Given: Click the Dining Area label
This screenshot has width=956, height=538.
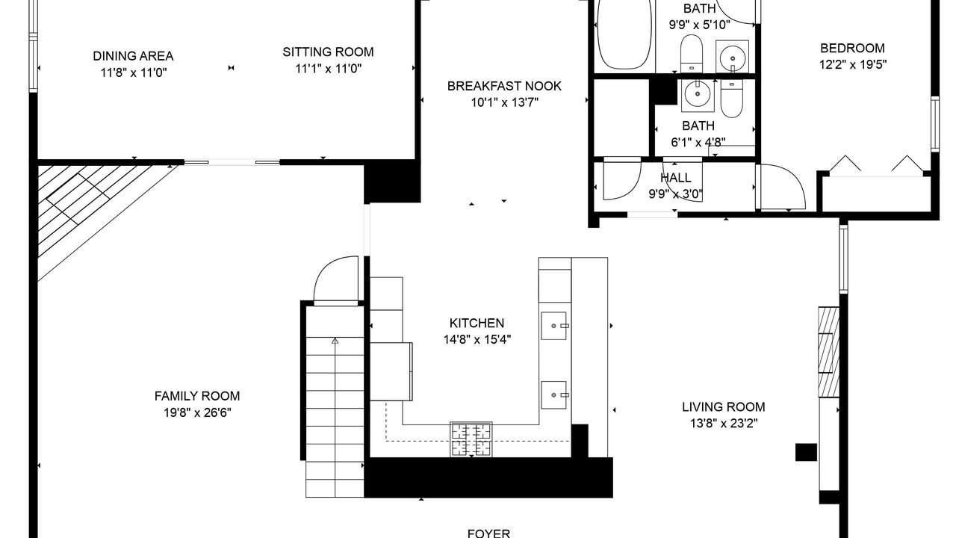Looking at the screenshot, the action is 133,56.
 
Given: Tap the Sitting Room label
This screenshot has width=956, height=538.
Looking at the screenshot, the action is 328,52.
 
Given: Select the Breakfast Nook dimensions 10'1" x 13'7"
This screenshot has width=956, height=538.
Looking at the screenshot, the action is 504,103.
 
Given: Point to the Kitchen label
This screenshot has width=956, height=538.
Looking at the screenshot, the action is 477,323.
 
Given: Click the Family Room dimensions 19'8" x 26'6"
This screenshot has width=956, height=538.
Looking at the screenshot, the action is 197,413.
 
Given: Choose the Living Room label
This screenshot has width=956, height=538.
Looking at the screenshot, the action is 724,407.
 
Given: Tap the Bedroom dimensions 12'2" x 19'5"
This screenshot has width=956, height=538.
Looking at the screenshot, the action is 853,64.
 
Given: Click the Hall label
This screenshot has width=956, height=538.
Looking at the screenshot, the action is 676,178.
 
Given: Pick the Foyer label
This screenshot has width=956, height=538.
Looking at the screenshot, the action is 488,534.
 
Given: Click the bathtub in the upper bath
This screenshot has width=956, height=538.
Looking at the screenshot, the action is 625,34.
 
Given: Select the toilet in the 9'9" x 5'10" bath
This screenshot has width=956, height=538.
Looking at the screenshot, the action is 692,53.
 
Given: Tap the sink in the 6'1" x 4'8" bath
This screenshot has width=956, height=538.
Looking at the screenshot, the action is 698,94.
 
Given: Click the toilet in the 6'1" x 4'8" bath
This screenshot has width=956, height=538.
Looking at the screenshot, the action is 731,98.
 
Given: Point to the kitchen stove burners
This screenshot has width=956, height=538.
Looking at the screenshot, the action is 471,439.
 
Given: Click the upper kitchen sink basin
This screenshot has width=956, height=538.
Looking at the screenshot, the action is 554,326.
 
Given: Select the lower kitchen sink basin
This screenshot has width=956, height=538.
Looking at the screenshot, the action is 554,395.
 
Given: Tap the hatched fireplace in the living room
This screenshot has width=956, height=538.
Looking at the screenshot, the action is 829,352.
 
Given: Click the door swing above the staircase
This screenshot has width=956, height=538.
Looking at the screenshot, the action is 336,279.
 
